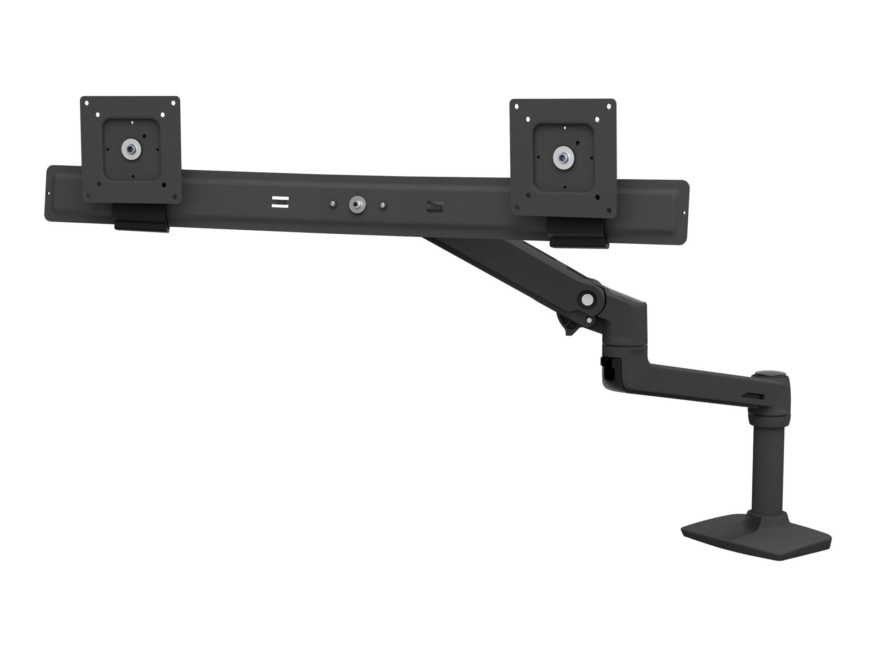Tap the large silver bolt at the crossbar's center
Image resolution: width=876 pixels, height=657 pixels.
[357, 205]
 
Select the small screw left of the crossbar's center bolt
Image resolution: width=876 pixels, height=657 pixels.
[333, 204]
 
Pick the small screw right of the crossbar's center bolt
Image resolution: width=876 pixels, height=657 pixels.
[383, 206]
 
